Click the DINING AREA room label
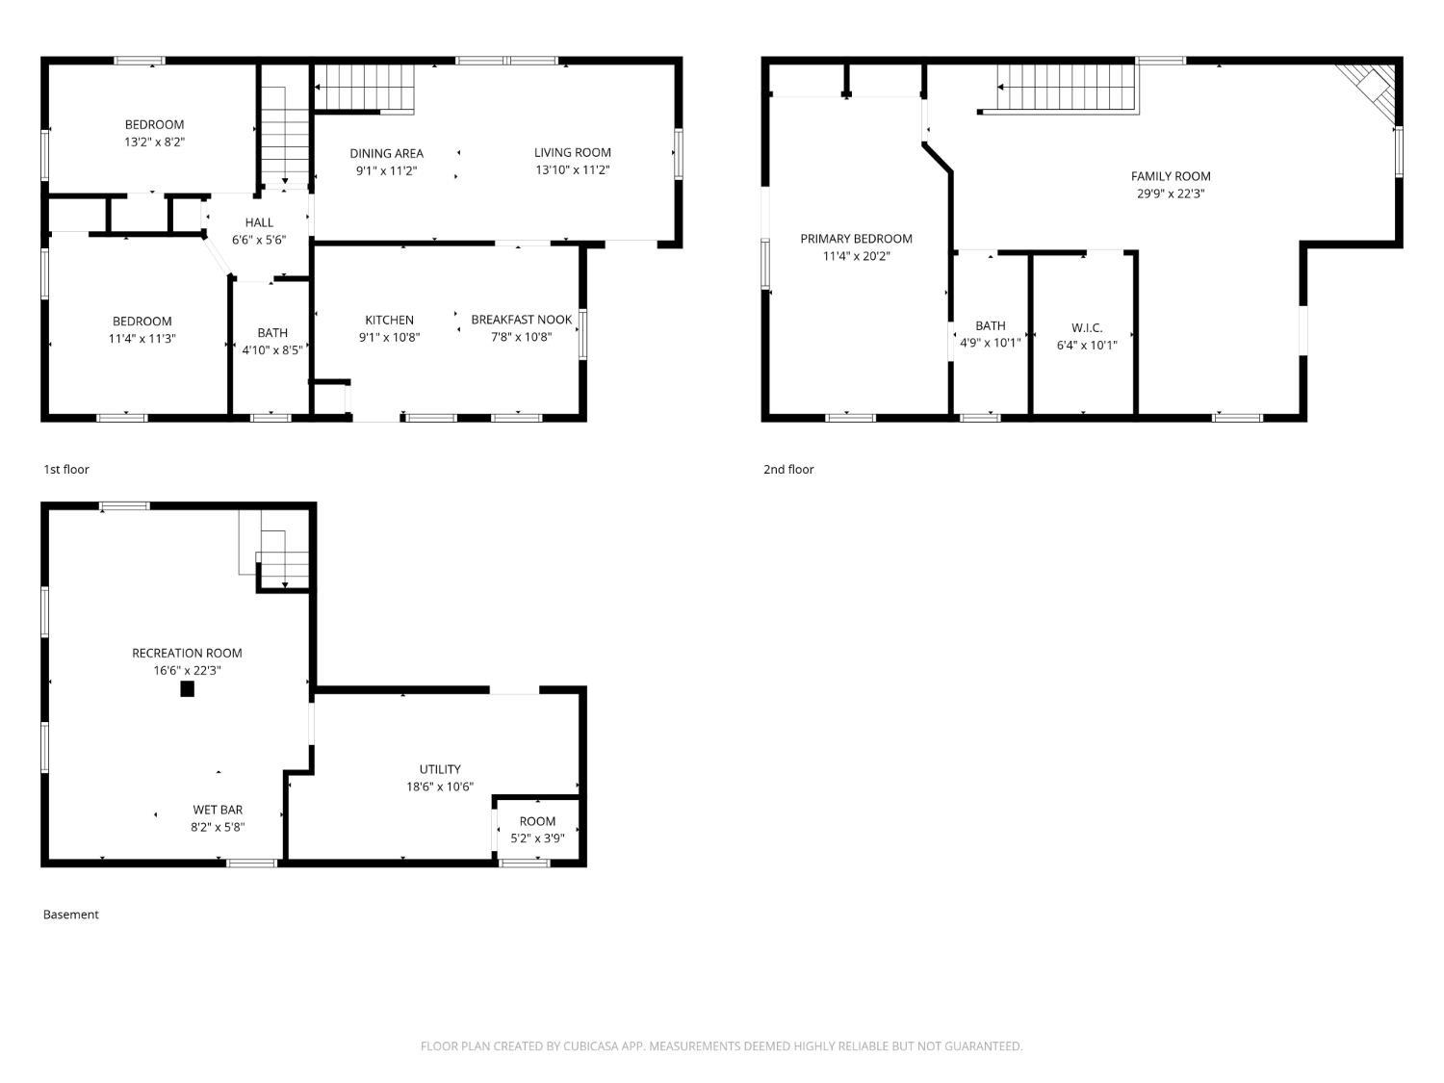(x=386, y=154)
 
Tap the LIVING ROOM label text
(x=573, y=152)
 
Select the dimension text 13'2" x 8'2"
(x=155, y=142)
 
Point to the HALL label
(x=259, y=223)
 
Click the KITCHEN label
(x=390, y=321)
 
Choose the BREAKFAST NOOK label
(x=522, y=320)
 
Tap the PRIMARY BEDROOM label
(x=856, y=239)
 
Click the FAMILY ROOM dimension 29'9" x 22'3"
(x=1171, y=194)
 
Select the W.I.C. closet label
(x=1087, y=327)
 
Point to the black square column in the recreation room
(x=188, y=689)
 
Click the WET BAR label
(x=218, y=811)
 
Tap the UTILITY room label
(x=440, y=769)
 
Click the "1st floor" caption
(x=65, y=470)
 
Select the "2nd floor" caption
(x=788, y=470)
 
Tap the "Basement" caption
(x=70, y=915)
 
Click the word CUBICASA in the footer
(x=591, y=1046)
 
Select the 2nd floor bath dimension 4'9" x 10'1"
(x=990, y=343)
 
